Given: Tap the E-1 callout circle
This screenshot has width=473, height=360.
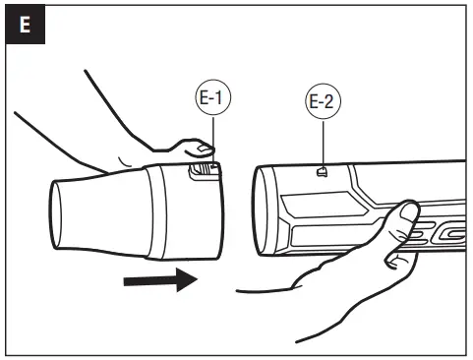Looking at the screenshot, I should point(209,98).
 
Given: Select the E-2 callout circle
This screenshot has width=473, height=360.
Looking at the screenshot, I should point(321,103).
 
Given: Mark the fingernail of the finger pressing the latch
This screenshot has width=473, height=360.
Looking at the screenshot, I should point(203,148).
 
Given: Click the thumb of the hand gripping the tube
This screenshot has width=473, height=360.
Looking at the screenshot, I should point(403,218).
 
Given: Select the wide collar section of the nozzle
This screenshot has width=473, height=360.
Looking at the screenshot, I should point(187,211).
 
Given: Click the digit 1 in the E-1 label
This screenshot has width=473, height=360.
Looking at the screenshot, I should point(218,98).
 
